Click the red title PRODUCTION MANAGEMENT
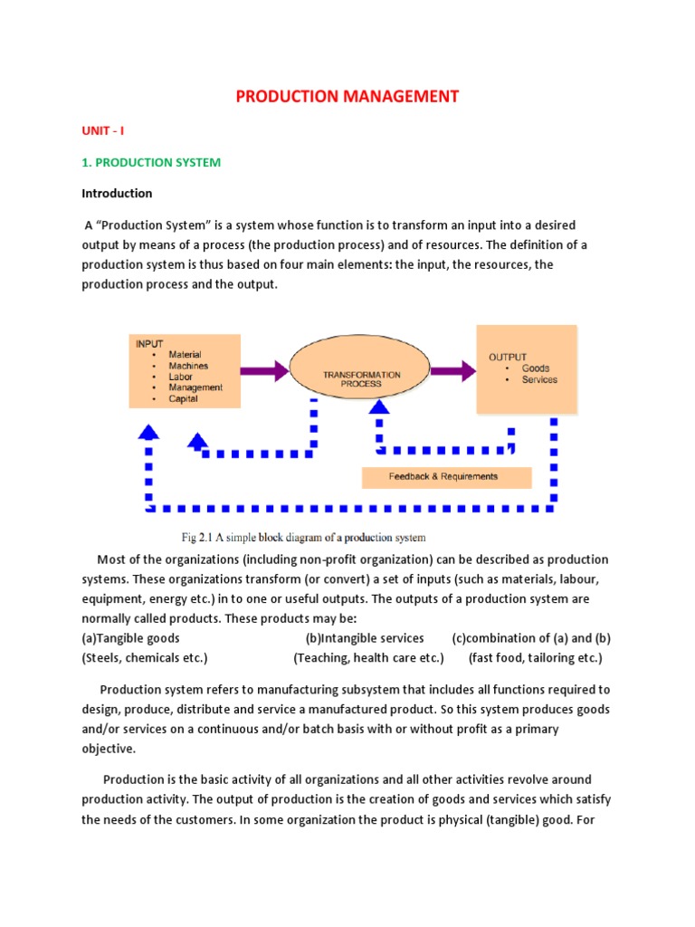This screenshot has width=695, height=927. coord(347,96)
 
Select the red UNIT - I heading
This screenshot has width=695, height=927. coord(103,130)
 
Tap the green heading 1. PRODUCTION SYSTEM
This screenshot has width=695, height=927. coord(151,162)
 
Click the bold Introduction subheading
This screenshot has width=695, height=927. coord(117,193)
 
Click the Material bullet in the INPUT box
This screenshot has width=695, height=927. coord(185,355)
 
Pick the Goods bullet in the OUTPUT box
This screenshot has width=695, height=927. coord(535,368)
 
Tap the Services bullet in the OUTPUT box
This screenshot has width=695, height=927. coord(539,380)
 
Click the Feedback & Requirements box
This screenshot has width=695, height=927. coord(443,476)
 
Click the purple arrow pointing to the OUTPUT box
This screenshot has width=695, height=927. coord(452,370)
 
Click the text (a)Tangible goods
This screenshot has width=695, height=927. coord(130,638)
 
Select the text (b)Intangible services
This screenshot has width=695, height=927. coord(365,638)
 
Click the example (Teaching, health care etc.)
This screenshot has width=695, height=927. coord(368,657)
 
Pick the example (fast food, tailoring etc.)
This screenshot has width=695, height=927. coord(535,657)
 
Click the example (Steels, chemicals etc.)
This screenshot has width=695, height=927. coord(145,657)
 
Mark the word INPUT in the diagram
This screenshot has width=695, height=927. coord(149,344)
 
